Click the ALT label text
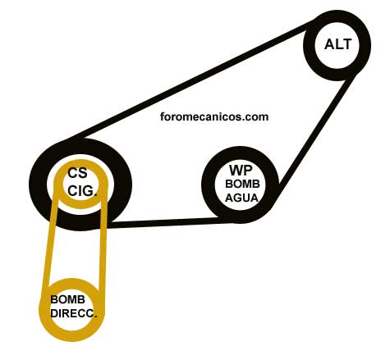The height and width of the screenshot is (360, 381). pyautogui.click(x=337, y=44)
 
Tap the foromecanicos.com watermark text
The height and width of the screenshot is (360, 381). pyautogui.click(x=214, y=116)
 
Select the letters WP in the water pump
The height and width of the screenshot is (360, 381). pyautogui.click(x=241, y=171)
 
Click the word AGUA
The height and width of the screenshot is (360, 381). pyautogui.click(x=241, y=198)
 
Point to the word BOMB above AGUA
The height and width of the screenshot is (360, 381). pyautogui.click(x=242, y=184)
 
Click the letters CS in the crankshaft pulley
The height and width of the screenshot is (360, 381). pyautogui.click(x=77, y=173)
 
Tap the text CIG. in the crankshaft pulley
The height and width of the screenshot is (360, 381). pyautogui.click(x=82, y=191)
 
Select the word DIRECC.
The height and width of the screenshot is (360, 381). pyautogui.click(x=74, y=313)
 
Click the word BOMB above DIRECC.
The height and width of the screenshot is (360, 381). pyautogui.click(x=67, y=299)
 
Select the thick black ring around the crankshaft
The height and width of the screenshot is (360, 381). pyautogui.click(x=39, y=184)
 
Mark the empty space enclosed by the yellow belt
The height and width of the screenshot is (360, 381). pyautogui.click(x=76, y=246)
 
